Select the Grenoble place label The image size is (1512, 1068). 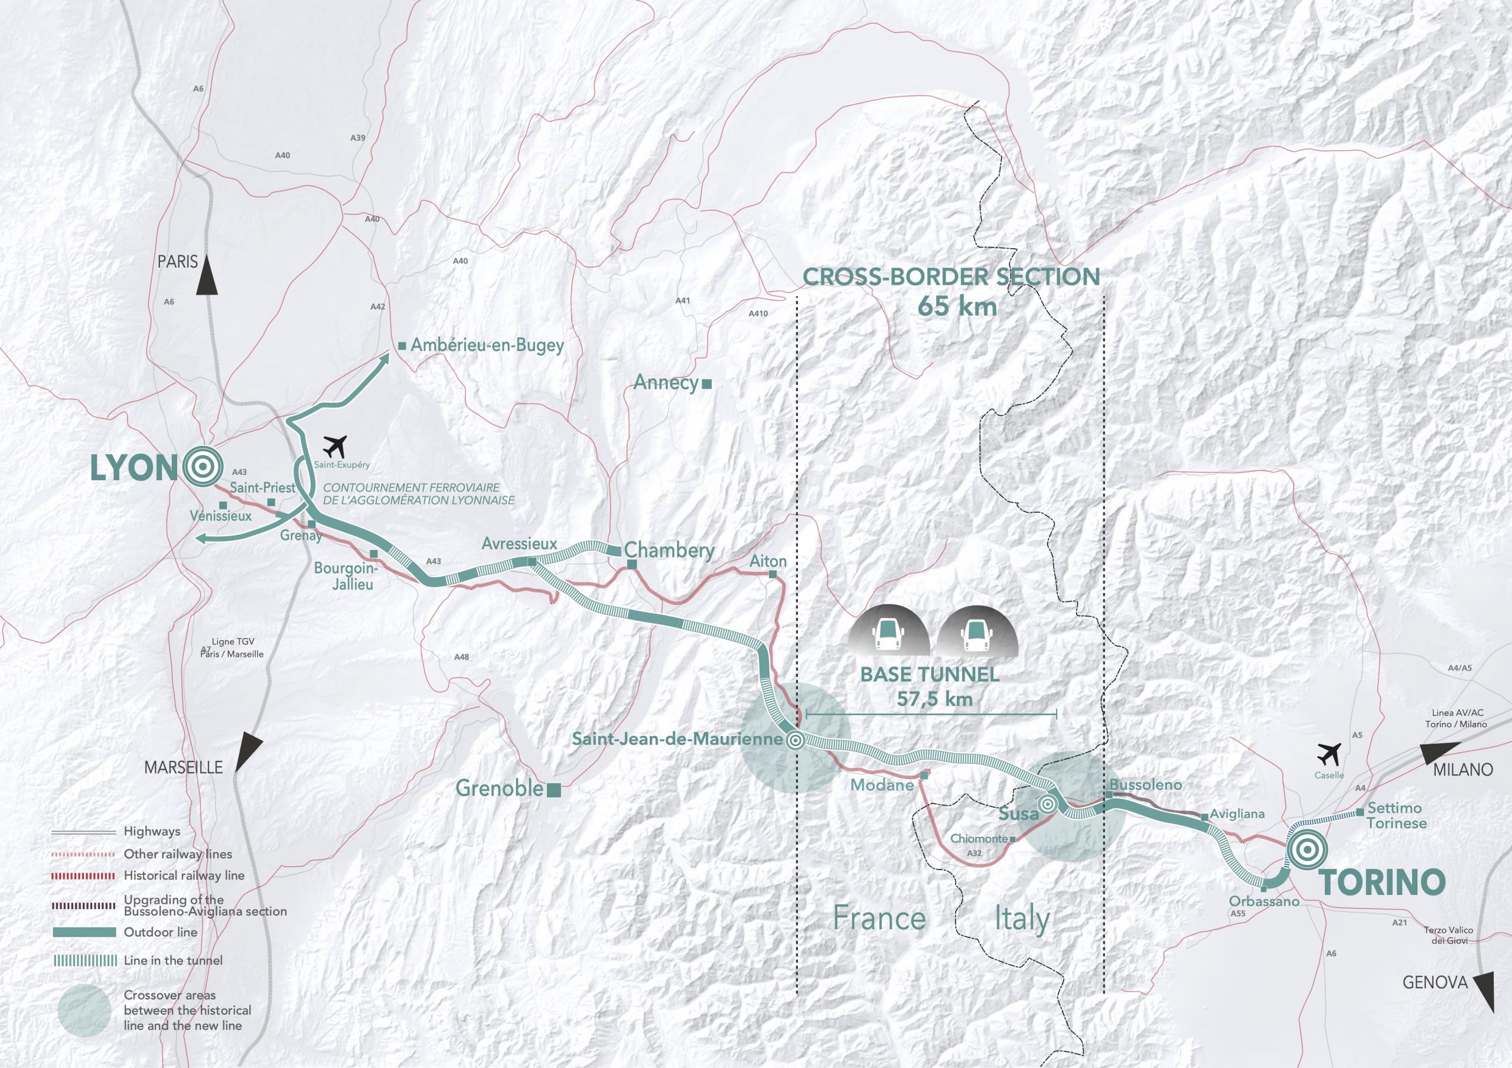click(x=500, y=788)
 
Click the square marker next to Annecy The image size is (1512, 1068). click(x=707, y=383)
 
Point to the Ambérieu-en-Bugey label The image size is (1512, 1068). click(x=487, y=345)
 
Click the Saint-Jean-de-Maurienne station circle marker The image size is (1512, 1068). click(x=795, y=741)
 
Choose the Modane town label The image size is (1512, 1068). click(x=882, y=785)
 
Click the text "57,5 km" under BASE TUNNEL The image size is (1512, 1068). click(x=934, y=699)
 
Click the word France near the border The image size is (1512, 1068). click(x=879, y=918)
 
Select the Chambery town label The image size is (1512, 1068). click(x=669, y=551)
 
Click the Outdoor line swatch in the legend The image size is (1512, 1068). click(x=84, y=932)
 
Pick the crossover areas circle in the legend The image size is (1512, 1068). click(x=84, y=1010)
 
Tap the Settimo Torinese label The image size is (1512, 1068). click(x=1396, y=815)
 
